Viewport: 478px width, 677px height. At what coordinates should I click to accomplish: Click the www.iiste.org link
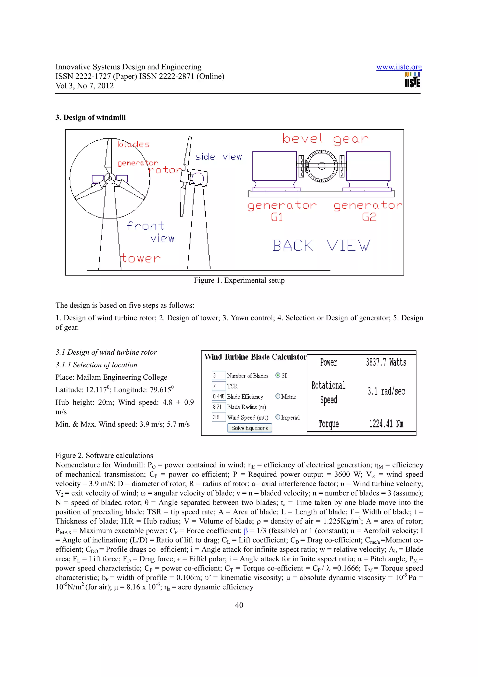pos(399,67)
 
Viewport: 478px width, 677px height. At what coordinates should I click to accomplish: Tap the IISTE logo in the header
pos(412,80)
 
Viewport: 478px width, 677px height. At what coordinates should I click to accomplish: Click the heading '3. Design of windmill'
pos(90,117)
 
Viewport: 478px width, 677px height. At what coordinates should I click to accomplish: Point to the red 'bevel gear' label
pos(325,139)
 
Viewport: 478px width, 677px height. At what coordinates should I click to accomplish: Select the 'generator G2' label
pos(368,210)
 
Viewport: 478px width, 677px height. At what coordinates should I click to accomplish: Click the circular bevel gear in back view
pos(321,166)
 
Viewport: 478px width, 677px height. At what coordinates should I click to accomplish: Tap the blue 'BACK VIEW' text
pos(321,246)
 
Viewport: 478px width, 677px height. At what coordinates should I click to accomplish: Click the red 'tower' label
pos(140,258)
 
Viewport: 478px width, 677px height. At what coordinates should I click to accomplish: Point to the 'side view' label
pos(218,157)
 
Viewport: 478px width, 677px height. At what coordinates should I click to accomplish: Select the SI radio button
pos(278,375)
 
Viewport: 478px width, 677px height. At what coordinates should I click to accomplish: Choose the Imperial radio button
pos(278,417)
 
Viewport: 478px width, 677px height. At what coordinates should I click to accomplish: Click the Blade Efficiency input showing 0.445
pos(218,396)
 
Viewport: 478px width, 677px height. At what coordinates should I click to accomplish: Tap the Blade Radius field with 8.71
pos(218,407)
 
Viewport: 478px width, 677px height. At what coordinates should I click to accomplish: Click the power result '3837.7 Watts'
pos(386,362)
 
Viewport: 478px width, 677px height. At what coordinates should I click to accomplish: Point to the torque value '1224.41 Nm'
pos(386,424)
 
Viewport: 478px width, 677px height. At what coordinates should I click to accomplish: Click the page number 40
pos(239,605)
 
